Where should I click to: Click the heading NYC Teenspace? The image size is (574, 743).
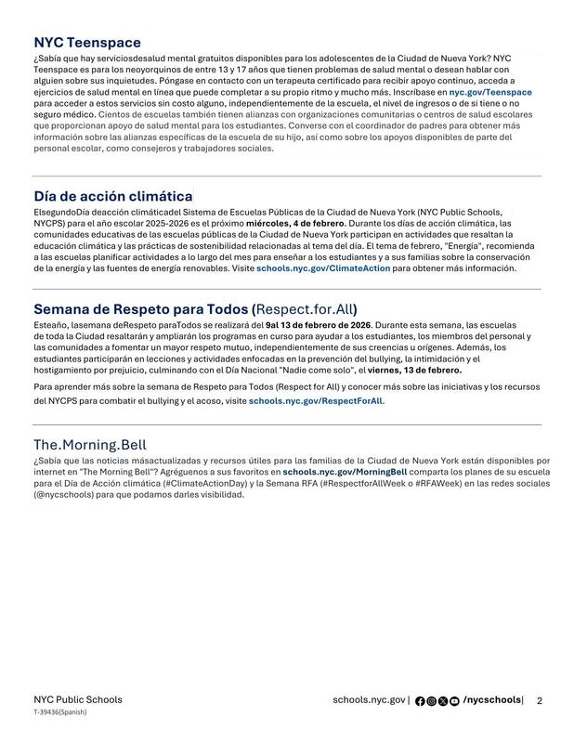87,43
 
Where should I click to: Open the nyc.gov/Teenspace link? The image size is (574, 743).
490,93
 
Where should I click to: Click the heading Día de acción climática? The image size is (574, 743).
113,196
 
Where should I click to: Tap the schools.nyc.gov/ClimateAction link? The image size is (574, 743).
323,267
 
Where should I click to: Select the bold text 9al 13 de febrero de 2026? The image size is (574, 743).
319,326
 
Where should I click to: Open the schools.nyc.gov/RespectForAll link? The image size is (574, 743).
316,401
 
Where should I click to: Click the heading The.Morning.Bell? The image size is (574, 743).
90,444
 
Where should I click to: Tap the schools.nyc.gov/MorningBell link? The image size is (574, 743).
345,472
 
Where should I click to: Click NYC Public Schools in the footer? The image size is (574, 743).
77,699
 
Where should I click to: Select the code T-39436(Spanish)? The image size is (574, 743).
60,712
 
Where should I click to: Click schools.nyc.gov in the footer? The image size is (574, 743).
369,699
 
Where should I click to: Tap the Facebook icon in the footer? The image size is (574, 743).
420,701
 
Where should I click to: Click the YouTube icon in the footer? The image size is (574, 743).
453,701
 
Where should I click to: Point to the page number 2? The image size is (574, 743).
539,700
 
